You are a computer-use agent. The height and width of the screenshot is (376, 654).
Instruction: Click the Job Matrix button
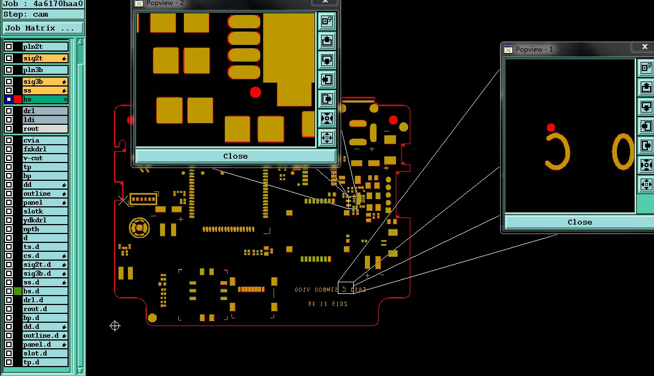point(43,28)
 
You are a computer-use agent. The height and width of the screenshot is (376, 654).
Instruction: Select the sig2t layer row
point(45,58)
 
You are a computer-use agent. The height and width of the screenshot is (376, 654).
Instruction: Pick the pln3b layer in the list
point(45,70)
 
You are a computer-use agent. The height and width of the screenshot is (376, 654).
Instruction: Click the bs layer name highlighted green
point(45,99)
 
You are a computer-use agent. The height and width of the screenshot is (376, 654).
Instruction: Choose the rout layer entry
point(45,129)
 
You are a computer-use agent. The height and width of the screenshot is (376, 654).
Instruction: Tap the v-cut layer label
point(45,158)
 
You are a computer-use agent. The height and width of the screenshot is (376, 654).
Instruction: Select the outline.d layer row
point(45,336)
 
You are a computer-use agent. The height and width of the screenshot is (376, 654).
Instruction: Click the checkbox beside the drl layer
point(9,111)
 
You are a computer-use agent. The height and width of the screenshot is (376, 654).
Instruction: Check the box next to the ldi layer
point(9,120)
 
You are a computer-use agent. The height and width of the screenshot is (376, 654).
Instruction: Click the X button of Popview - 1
point(645,47)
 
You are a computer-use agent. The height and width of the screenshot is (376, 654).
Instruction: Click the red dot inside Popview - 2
point(255,92)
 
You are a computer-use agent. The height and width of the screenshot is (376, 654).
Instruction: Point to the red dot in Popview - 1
point(550,128)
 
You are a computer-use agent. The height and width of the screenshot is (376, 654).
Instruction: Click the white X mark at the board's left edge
point(122,200)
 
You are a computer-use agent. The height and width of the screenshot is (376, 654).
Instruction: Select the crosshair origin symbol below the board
point(115,326)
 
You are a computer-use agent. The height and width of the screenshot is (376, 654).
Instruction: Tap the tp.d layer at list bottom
point(45,362)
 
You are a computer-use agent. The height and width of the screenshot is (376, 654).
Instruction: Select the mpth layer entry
point(45,229)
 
